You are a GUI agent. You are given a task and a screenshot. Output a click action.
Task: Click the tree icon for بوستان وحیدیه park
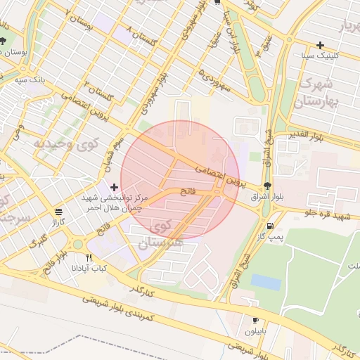click(4, 41)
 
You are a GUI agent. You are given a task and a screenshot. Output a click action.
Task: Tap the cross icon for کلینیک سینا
click(321, 44)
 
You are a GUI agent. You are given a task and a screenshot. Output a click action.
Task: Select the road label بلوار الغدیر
click(307, 134)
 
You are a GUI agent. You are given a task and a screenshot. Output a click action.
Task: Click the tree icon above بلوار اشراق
click(266, 186)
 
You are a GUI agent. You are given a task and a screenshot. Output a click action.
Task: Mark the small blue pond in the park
click(265, 282)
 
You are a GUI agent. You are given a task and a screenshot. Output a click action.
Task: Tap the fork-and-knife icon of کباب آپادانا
click(89, 257)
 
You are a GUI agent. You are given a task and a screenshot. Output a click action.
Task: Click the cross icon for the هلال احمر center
click(114, 187)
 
